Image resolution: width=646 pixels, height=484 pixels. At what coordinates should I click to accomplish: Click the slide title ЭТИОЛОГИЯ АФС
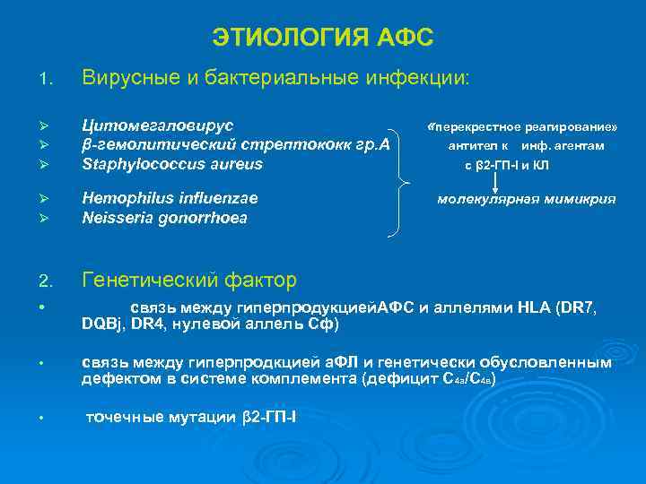point(323,38)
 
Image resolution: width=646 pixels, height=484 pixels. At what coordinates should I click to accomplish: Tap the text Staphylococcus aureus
point(172,163)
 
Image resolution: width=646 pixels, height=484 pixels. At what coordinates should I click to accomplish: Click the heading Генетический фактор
point(188,281)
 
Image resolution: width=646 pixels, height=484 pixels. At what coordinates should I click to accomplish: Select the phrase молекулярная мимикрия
point(526,199)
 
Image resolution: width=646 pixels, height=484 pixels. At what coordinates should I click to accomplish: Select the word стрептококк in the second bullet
point(296,145)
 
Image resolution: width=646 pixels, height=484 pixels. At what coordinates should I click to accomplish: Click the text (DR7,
point(576,307)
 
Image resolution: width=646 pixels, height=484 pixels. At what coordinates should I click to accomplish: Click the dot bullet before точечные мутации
point(44,418)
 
